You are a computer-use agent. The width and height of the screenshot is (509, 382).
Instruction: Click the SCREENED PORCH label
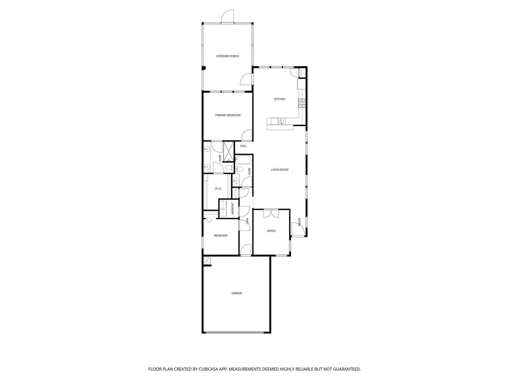click(x=227, y=56)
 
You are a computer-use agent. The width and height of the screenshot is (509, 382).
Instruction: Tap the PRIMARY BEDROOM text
click(x=228, y=115)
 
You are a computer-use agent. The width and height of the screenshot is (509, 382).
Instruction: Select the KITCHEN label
click(x=279, y=99)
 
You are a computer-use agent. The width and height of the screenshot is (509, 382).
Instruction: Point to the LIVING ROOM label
click(x=280, y=170)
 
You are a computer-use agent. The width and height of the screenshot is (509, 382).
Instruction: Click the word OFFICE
click(x=271, y=231)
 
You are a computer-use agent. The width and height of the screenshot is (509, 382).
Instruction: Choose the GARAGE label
click(x=237, y=293)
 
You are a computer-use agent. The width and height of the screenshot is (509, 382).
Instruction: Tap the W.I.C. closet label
click(x=218, y=188)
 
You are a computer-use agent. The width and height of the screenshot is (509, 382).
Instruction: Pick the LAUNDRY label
click(x=232, y=209)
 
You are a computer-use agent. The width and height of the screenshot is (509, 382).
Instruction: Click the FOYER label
click(x=299, y=222)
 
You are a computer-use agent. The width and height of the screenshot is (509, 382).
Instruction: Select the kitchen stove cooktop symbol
click(x=302, y=103)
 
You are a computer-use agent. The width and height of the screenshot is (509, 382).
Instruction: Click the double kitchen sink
click(x=282, y=121)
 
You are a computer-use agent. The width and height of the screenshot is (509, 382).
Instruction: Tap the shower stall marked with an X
click(x=229, y=152)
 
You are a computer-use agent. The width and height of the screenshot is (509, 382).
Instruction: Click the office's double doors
click(x=271, y=213)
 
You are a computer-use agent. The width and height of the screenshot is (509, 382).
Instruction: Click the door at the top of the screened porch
click(x=228, y=17)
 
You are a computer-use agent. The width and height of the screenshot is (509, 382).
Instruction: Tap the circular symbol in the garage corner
click(x=207, y=261)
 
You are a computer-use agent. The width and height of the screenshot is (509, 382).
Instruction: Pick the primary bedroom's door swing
click(x=246, y=135)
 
